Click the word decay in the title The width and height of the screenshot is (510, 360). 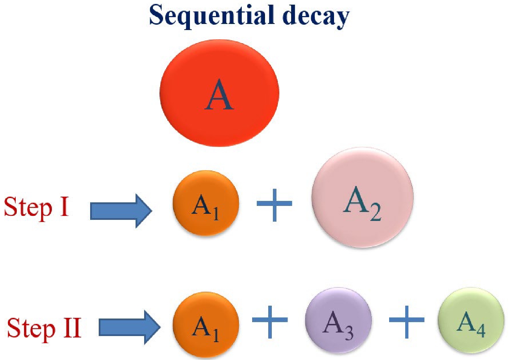315,16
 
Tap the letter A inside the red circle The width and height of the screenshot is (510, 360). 219,95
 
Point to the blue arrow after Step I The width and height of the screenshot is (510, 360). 121,211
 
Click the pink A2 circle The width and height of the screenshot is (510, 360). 362,198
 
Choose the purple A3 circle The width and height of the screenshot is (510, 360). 338,320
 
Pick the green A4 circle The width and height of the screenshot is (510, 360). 471,320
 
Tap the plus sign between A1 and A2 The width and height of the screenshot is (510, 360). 274,204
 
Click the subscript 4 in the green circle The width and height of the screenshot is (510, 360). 481,330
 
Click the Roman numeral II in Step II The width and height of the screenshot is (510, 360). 72,328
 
